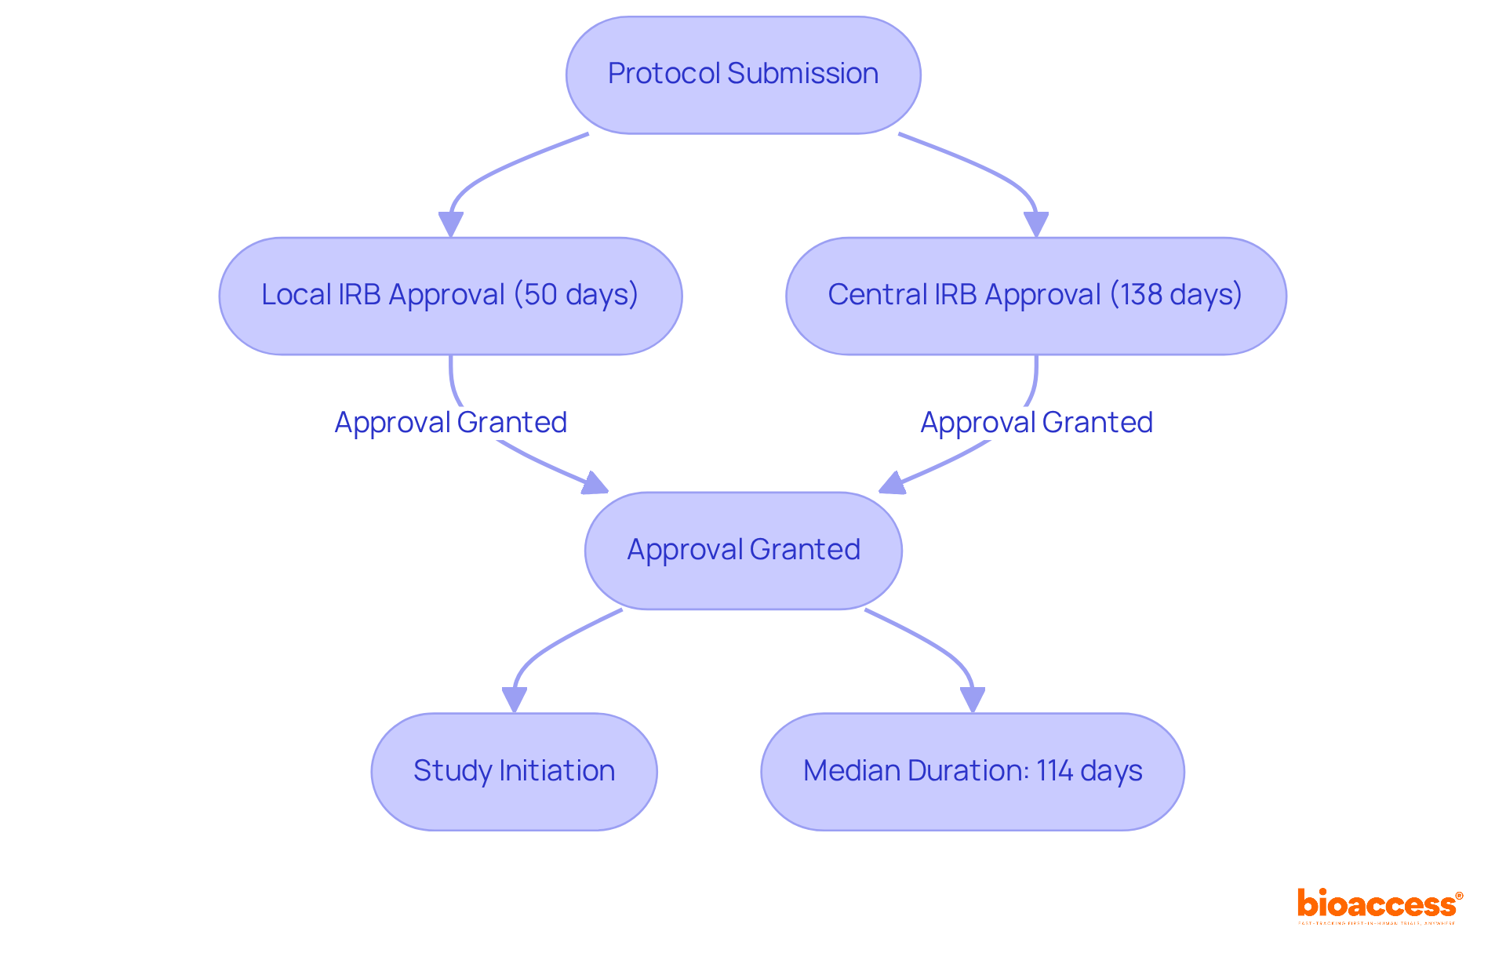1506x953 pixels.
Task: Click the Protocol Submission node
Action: pyautogui.click(x=743, y=75)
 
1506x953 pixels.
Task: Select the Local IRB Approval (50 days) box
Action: pyautogui.click(x=450, y=296)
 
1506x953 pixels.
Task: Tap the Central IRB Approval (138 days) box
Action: pyautogui.click(x=1035, y=296)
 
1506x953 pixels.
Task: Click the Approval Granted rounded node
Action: pyautogui.click(x=743, y=550)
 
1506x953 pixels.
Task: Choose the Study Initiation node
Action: pyautogui.click(x=514, y=771)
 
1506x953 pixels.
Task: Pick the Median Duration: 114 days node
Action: pyautogui.click(x=972, y=771)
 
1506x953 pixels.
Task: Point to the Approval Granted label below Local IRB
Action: pyautogui.click(x=450, y=423)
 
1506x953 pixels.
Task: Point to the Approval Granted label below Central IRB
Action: pyautogui.click(x=1035, y=423)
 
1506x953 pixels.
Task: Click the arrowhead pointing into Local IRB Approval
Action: pyautogui.click(x=450, y=224)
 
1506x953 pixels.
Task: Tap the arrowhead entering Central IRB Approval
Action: pyautogui.click(x=1036, y=224)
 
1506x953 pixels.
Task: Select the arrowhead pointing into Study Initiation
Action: pyautogui.click(x=514, y=700)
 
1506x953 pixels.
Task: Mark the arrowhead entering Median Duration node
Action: pyautogui.click(x=973, y=700)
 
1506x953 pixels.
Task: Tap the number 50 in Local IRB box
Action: pyautogui.click(x=540, y=295)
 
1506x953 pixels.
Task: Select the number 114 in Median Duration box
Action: pyautogui.click(x=1054, y=771)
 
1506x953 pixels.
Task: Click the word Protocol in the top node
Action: pyautogui.click(x=664, y=74)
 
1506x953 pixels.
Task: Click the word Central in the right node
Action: pyautogui.click(x=877, y=295)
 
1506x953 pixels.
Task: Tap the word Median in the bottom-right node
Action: pyautogui.click(x=852, y=771)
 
